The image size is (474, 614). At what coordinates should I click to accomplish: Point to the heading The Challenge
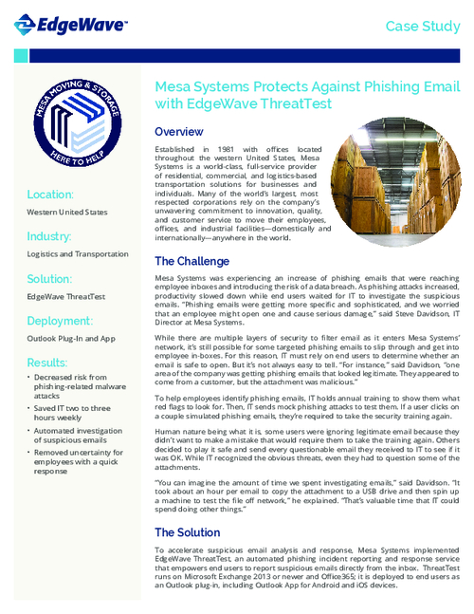[x=195, y=261]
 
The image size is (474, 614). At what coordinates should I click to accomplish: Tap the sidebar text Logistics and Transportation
[x=78, y=254]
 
